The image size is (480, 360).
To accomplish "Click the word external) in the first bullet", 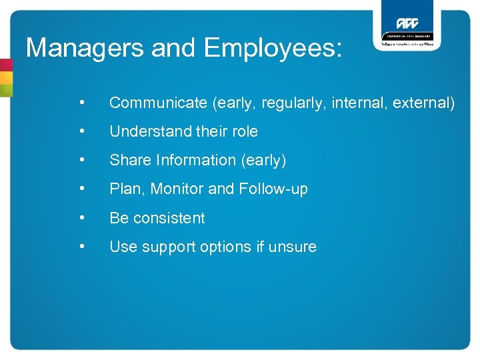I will tap(423, 103).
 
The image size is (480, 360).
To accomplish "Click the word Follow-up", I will tap(273, 189).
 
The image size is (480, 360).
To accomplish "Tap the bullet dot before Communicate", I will tap(81, 103).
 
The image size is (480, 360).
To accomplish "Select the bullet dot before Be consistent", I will tap(81, 217).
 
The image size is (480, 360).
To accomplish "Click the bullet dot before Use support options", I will tap(81, 246).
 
